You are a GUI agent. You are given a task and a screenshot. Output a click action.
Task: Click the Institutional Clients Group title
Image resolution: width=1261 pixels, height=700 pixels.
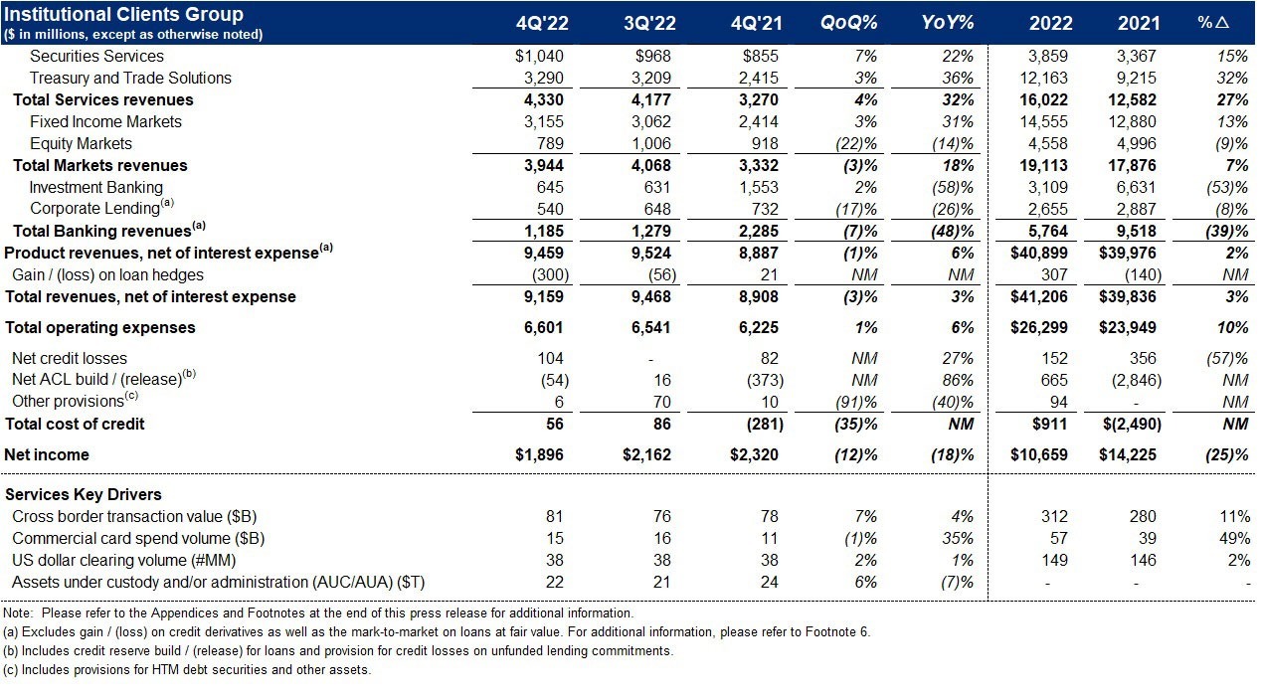pyautogui.click(x=124, y=14)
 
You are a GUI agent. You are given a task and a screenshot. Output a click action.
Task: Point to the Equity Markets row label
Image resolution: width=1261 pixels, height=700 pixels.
pyautogui.click(x=81, y=143)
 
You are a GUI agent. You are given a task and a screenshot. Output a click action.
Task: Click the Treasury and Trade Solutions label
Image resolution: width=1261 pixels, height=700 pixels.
pyautogui.click(x=130, y=78)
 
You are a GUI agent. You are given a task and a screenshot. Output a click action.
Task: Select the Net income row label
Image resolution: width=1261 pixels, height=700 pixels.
pyautogui.click(x=47, y=454)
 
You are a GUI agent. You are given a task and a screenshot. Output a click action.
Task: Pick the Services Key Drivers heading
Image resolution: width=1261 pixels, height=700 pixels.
pyautogui.click(x=84, y=494)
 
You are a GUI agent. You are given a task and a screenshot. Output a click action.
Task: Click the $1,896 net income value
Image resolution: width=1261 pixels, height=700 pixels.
pyautogui.click(x=539, y=454)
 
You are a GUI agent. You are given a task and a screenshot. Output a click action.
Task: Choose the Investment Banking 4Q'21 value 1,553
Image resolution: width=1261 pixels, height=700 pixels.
pyautogui.click(x=757, y=187)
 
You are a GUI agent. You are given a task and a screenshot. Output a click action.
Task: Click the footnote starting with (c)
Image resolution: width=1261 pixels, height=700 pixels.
pyautogui.click(x=187, y=669)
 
